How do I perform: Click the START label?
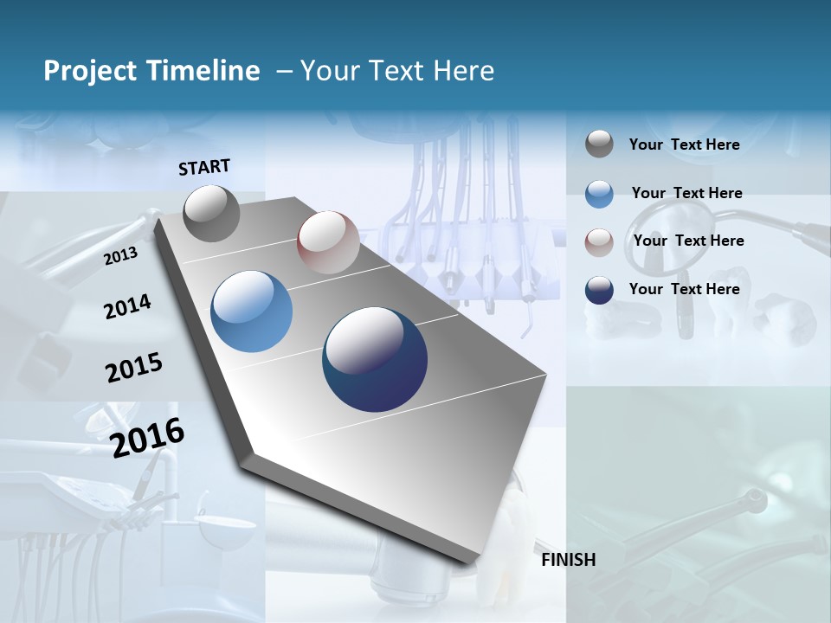pos(204,167)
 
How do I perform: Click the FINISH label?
pos(568,560)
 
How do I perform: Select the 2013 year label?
pos(120,255)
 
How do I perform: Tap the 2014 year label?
pos(127,306)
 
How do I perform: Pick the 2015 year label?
pos(133,368)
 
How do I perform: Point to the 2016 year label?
pos(147,437)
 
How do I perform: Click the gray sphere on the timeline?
pos(211,213)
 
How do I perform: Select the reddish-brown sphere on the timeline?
pos(328,242)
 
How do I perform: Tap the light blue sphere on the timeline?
pos(251,311)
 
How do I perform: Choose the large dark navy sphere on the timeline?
pos(375,359)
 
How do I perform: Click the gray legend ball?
pos(599,145)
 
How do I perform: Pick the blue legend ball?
pos(599,194)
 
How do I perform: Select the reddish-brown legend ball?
pos(599,241)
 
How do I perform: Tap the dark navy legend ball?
pos(599,290)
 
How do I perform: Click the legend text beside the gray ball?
pos(684,145)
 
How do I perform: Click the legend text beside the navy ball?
pos(684,289)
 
